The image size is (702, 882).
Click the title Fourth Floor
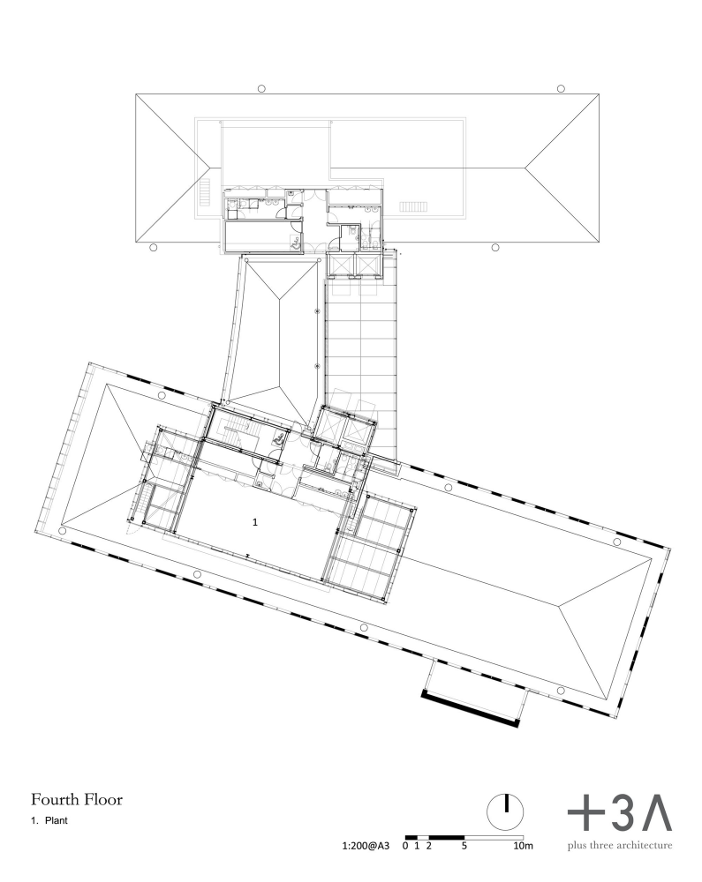pyautogui.click(x=77, y=799)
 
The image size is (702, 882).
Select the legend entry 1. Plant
pyautogui.click(x=49, y=820)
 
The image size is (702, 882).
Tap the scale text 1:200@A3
pyautogui.click(x=366, y=846)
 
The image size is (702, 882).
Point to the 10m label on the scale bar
pyautogui.click(x=523, y=846)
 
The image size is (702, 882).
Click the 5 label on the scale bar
pyautogui.click(x=464, y=846)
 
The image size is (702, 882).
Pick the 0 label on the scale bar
pyautogui.click(x=405, y=846)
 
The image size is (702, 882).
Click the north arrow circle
pyautogui.click(x=505, y=811)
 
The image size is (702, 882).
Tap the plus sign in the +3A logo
pyautogui.click(x=585, y=813)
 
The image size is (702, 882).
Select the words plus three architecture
pyautogui.click(x=620, y=846)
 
